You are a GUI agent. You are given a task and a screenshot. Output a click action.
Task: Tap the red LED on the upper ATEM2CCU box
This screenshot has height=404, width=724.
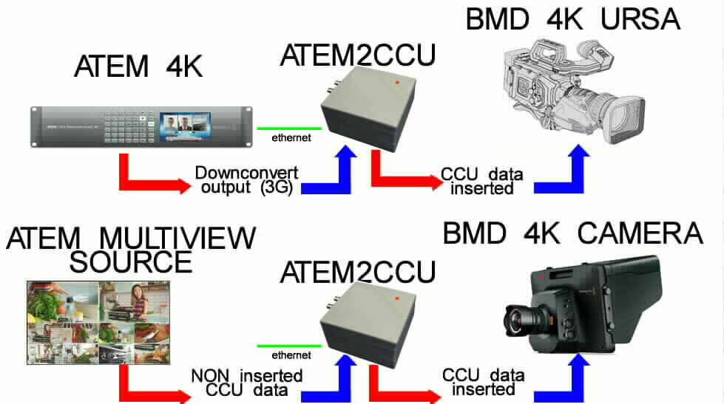tap(398, 82)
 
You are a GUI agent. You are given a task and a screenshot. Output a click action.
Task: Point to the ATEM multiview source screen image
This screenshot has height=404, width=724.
tap(98, 318)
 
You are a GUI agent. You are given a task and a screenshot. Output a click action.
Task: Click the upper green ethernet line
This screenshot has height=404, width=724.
tap(289, 129)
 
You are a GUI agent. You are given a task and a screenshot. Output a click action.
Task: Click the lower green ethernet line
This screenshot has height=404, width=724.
tap(289, 346)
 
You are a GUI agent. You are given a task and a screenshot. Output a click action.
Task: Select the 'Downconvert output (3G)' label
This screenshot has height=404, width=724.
tap(246, 179)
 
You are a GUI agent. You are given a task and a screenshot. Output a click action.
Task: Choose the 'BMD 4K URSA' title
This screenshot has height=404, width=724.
tap(572, 20)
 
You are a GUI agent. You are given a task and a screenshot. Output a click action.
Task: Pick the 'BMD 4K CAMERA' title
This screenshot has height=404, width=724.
tap(572, 233)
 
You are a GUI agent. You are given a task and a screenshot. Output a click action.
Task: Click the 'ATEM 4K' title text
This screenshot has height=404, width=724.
tap(138, 68)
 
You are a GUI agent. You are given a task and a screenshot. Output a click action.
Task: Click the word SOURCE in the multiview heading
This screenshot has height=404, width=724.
tap(131, 261)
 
